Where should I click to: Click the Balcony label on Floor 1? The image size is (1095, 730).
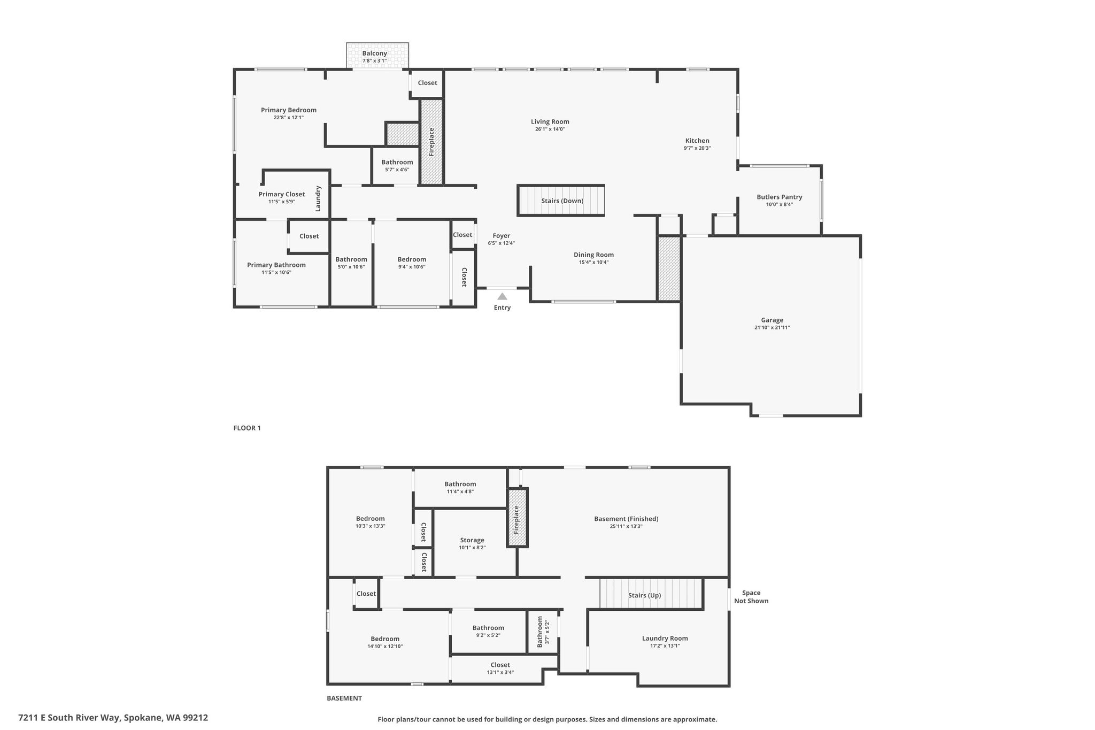pos(374,53)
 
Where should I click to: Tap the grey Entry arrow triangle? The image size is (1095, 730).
pos(502,296)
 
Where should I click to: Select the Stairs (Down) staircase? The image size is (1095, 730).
pos(561,201)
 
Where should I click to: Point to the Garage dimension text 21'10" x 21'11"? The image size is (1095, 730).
pos(772,328)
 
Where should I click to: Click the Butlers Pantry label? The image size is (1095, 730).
pos(780,197)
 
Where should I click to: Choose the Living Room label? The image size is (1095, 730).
pos(550,121)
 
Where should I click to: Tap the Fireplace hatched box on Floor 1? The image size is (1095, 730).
pos(432,142)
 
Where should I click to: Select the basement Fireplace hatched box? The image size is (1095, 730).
pos(518,518)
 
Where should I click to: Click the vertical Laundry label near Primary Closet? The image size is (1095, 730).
pos(318,198)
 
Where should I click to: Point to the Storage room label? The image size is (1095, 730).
pos(472,540)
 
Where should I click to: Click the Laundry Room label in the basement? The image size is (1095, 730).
pos(665,638)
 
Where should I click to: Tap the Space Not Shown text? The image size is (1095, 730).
pos(751,597)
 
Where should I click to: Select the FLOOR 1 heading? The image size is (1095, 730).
pos(247,428)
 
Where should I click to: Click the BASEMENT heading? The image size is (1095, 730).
pos(344,698)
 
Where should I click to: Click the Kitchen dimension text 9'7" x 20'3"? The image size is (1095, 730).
pos(697,148)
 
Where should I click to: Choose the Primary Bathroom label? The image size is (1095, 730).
pos(276,265)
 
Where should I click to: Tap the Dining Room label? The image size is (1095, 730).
pos(593,255)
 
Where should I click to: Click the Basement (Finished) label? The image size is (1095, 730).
pos(626,519)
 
